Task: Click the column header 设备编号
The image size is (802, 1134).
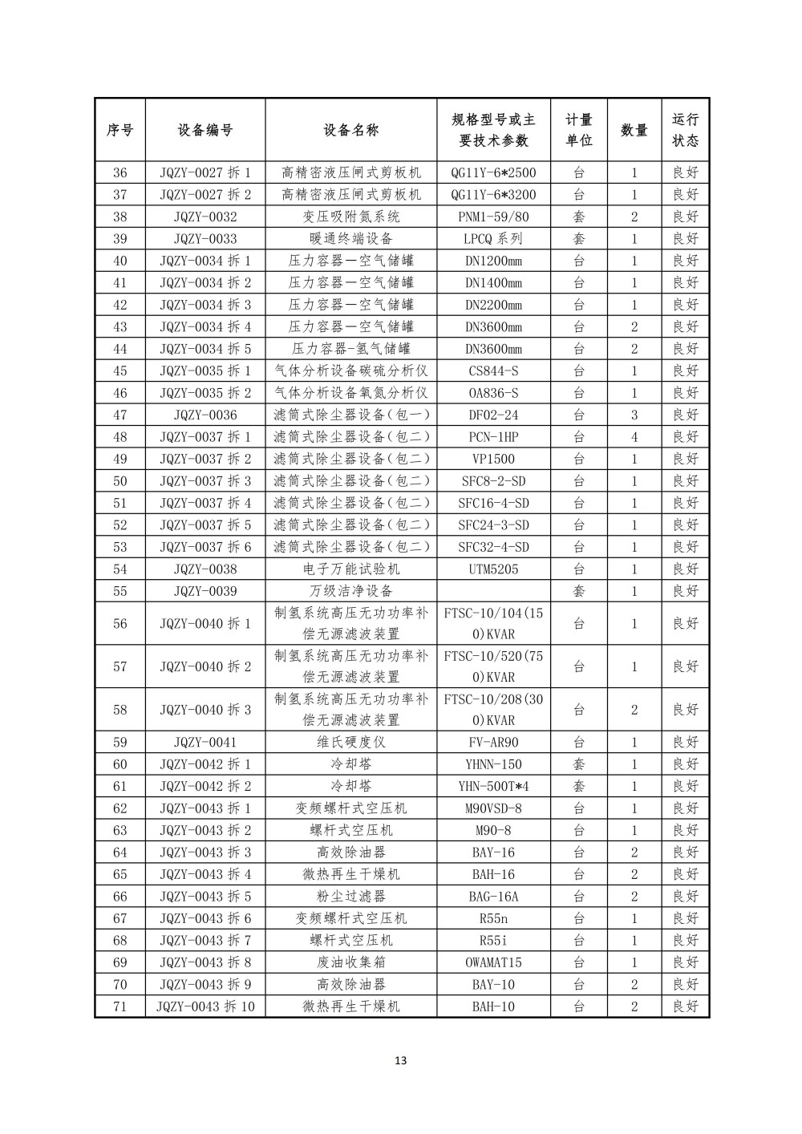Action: click(x=205, y=130)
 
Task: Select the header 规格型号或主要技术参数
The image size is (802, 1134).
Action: click(x=493, y=130)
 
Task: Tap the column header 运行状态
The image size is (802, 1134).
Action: click(x=685, y=130)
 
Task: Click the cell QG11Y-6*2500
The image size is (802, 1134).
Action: click(x=493, y=172)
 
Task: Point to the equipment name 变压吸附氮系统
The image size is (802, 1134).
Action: click(x=350, y=217)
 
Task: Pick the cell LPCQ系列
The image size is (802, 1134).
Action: click(x=493, y=238)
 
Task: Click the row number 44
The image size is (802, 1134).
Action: click(x=120, y=349)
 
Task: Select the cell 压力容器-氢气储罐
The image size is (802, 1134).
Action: click(x=350, y=349)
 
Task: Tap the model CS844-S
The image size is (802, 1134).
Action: click(x=493, y=371)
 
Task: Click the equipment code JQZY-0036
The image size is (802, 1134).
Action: click(x=205, y=415)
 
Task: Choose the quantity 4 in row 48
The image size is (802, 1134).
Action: click(x=634, y=437)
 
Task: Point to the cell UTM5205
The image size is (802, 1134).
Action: click(x=493, y=569)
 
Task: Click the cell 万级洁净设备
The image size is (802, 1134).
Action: click(x=350, y=591)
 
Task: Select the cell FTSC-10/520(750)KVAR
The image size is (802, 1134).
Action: click(x=493, y=666)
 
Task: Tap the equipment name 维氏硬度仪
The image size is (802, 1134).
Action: click(x=350, y=743)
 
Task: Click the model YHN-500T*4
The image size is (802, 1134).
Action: click(x=493, y=786)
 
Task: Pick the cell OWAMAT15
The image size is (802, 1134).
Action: click(x=493, y=962)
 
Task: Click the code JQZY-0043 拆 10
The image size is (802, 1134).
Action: click(x=205, y=1006)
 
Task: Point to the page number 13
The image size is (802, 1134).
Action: click(x=401, y=1061)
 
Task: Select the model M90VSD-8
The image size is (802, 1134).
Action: click(x=493, y=808)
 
